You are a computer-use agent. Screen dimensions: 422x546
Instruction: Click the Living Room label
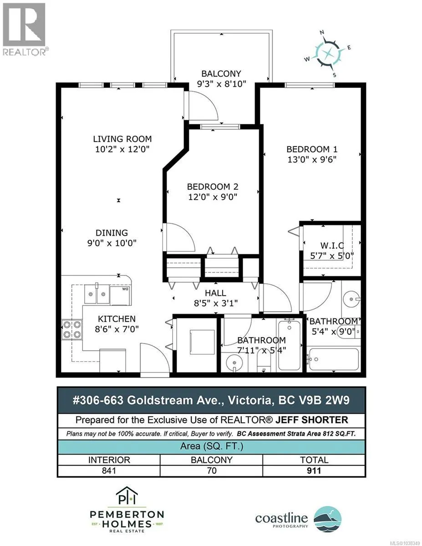tap(122, 139)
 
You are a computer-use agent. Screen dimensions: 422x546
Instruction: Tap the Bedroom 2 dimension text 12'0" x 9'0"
tap(213, 197)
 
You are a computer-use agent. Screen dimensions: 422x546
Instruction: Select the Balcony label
tap(221, 74)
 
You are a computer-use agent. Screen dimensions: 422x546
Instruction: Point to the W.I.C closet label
tap(332, 245)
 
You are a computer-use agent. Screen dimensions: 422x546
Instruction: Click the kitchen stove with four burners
tap(72, 330)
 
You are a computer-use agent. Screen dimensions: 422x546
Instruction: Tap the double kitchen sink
tap(97, 294)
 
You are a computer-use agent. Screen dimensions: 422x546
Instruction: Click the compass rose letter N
tap(322, 32)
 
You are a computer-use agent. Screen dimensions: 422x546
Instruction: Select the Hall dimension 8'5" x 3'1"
tap(216, 303)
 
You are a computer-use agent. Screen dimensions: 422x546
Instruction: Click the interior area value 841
tap(109, 470)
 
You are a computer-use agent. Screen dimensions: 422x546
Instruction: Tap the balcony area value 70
tap(212, 470)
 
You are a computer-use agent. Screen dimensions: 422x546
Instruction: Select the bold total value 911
tap(314, 470)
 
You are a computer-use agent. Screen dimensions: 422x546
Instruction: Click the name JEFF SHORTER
tap(312, 420)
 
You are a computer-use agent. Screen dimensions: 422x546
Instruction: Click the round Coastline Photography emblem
tap(328, 519)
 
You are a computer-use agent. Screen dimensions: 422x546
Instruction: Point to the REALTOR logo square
tap(24, 25)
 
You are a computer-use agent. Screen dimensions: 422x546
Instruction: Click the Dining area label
tap(112, 233)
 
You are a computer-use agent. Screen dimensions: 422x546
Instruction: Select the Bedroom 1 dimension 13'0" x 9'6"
tap(312, 159)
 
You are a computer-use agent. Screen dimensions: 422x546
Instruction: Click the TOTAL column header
tap(314, 460)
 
